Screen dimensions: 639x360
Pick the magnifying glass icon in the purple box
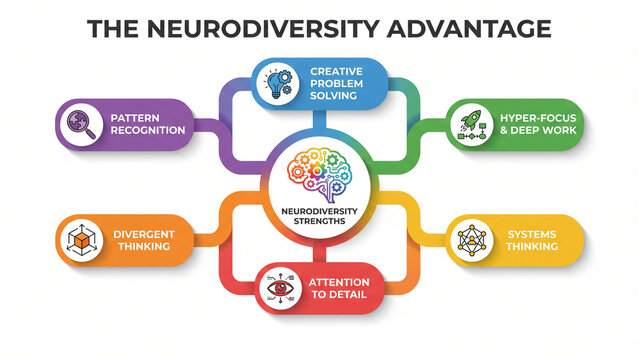pos(75,124)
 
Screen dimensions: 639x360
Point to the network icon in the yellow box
pos(471,241)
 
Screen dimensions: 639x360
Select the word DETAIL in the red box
pos(351,296)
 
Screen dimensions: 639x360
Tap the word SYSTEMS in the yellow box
pos(532,234)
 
